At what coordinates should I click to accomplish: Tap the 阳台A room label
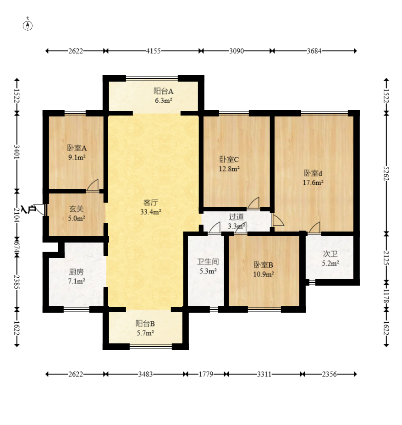point(164,91)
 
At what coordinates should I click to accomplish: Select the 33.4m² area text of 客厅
point(151,212)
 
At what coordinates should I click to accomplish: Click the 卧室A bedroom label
point(77,148)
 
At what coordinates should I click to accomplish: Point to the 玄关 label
point(77,209)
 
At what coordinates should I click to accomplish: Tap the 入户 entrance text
point(28,210)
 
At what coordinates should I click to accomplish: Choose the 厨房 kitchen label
point(76,271)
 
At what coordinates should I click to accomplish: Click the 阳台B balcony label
point(145,323)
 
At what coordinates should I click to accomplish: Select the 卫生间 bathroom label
point(208,262)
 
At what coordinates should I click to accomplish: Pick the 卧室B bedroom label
point(264,265)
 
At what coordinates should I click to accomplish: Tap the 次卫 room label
point(330,254)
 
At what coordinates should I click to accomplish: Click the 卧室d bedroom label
point(313,173)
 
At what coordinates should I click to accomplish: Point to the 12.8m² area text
point(229,169)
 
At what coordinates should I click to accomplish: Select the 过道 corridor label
point(237,216)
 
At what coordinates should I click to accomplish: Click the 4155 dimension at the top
point(154,51)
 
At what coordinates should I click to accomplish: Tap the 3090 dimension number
point(237,51)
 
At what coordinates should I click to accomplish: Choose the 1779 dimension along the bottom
point(206,374)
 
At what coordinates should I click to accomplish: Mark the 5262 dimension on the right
point(386,173)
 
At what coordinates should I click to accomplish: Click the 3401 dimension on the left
point(17,152)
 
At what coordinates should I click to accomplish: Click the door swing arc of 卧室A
point(93,184)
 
